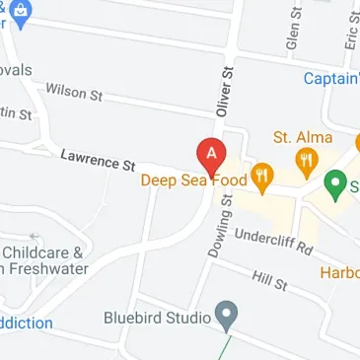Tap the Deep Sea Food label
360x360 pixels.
(191, 180)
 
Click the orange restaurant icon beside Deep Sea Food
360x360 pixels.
(261, 178)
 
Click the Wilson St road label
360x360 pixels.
(74, 92)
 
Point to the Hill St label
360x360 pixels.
(268, 282)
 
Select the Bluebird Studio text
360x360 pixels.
(157, 319)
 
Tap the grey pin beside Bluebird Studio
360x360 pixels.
(228, 317)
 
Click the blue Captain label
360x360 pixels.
(330, 79)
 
